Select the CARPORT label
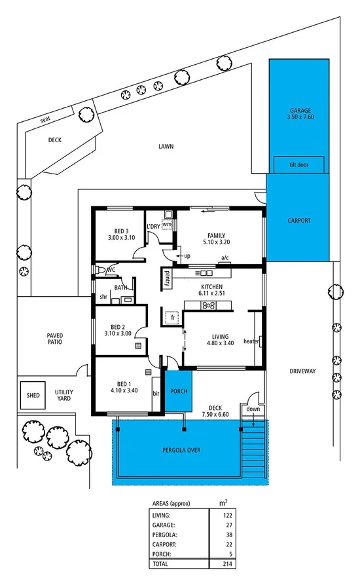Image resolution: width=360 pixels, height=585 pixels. pyautogui.click(x=298, y=221)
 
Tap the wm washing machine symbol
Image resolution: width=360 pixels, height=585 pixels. pyautogui.click(x=167, y=224)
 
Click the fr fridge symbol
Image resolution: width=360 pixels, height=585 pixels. pyautogui.click(x=173, y=317)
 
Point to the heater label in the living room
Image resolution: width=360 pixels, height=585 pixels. pyautogui.click(x=251, y=341)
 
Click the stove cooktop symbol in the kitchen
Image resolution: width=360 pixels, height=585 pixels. pyautogui.click(x=209, y=305)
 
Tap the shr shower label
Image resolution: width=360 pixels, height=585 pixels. pyautogui.click(x=103, y=297)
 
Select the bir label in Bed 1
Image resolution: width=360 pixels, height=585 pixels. pyautogui.click(x=156, y=394)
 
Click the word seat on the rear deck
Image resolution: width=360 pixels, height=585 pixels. pyautogui.click(x=45, y=119)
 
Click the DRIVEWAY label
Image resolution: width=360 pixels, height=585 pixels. pyautogui.click(x=302, y=371)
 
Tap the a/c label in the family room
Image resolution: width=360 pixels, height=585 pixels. pyautogui.click(x=225, y=257)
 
